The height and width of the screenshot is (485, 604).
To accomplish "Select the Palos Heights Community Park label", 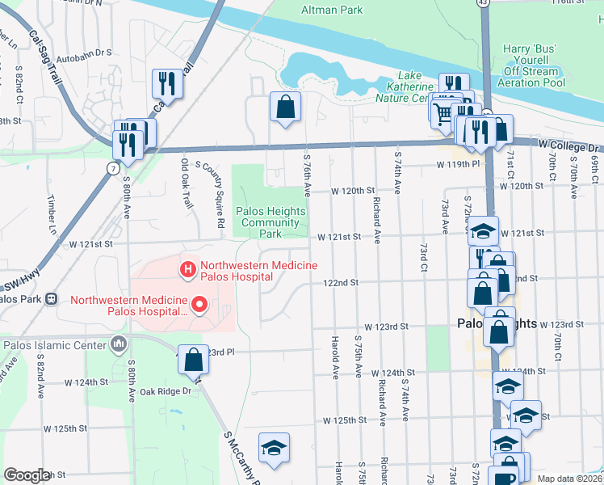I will tap(271, 222).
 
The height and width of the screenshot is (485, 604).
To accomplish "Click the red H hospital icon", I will tap(187, 268).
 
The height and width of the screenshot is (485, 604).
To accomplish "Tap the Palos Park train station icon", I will tap(52, 299).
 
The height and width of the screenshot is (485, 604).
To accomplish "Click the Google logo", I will tap(27, 475).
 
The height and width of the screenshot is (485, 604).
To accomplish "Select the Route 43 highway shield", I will tap(483, 3).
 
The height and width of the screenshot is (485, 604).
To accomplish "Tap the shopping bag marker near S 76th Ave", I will tap(285, 107).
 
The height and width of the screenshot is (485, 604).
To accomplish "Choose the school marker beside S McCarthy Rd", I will tap(274, 448).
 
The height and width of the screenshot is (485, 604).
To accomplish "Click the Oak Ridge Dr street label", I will tap(164, 391).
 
